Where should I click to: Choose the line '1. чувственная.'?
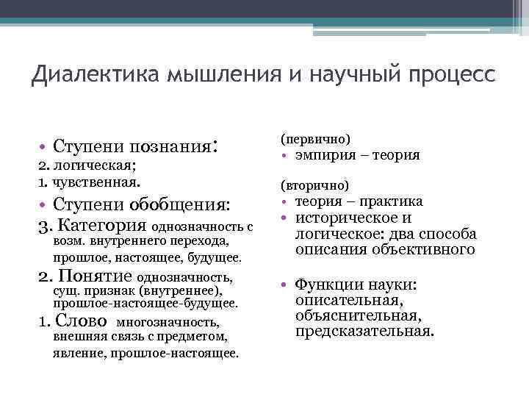point(71,180)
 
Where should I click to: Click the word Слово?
point(83,322)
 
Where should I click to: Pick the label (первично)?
point(315,139)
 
